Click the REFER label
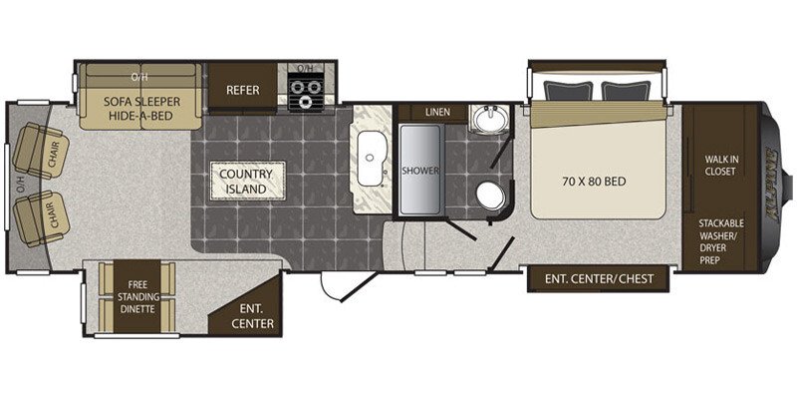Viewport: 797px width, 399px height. point(242,90)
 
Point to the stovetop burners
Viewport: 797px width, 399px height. point(307,92)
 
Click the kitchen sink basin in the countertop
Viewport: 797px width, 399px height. point(370,159)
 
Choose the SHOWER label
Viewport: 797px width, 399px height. point(419,171)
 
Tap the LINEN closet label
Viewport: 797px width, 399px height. point(437,112)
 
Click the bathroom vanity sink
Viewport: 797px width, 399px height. point(489,120)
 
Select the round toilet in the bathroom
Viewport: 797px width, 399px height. point(491,196)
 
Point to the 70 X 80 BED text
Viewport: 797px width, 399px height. point(593,181)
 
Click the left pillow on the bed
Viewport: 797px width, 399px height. point(568,91)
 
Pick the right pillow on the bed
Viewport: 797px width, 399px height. point(626,91)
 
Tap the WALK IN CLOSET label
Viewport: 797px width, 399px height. point(719,165)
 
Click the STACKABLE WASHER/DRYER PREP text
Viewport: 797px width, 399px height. point(720,241)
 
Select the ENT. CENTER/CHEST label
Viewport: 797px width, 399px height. point(600,278)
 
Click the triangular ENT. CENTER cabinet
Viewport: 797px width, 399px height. point(254,310)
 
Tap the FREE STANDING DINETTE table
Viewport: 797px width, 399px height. point(136,296)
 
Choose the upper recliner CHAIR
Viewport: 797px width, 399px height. point(40,151)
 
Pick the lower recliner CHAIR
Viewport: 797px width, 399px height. point(41,218)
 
